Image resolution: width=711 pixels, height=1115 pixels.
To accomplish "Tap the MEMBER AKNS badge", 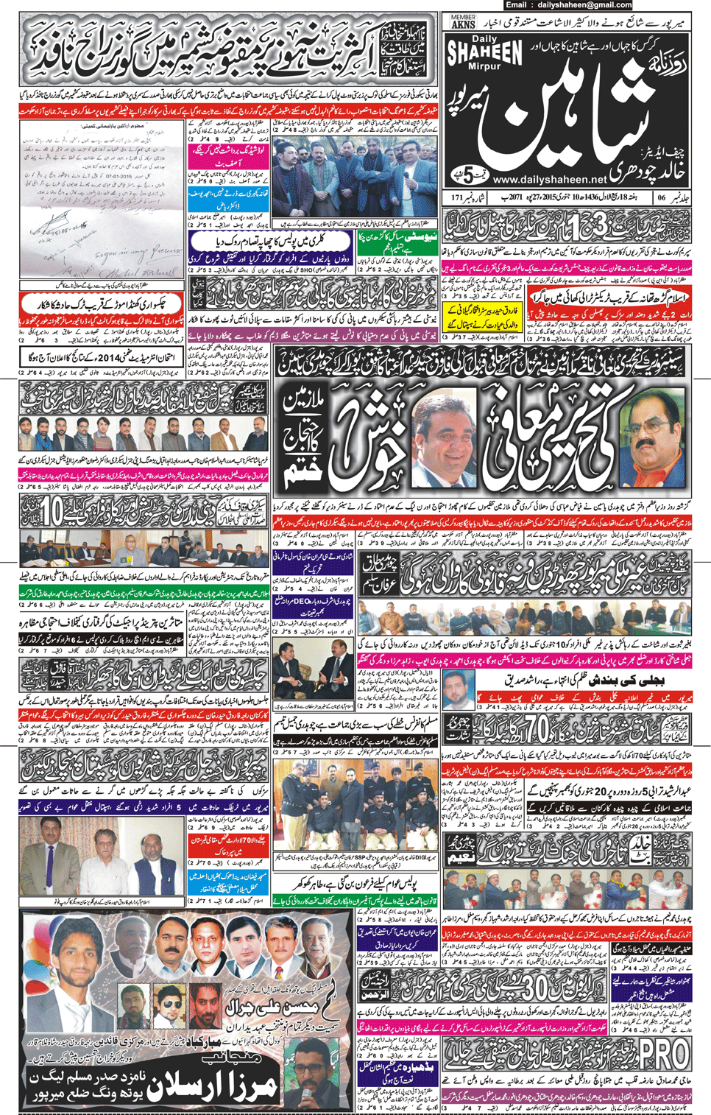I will click(x=463, y=21).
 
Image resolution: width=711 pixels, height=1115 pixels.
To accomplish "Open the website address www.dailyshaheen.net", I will click(x=550, y=179).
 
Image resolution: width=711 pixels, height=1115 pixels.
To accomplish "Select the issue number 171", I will click(x=457, y=197).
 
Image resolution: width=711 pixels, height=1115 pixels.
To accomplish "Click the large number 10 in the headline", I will click(x=52, y=510).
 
